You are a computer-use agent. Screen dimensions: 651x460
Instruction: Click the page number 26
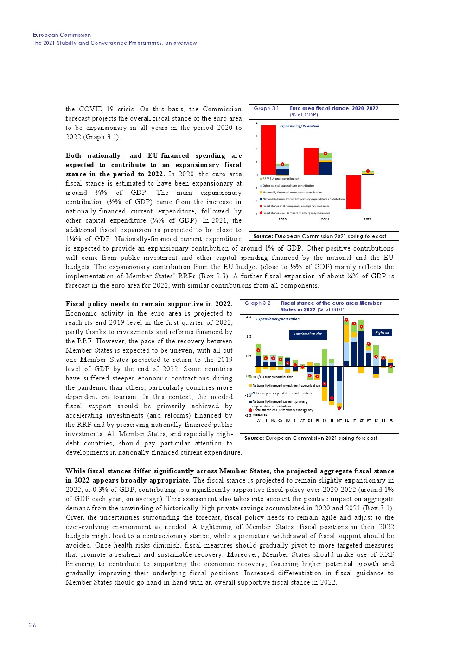[32, 625]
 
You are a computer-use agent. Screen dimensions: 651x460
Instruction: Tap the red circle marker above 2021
[326, 153]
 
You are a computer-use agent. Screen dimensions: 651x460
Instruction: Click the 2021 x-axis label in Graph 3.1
[325, 219]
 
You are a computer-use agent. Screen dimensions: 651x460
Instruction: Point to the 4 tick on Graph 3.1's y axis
[256, 123]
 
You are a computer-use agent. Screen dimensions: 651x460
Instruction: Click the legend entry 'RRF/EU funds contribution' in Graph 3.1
[280, 179]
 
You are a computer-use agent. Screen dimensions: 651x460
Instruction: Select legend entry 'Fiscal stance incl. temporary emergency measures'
[295, 206]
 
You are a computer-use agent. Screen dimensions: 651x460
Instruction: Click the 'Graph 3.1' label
[266, 108]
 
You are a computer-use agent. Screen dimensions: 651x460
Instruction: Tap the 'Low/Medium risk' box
[308, 334]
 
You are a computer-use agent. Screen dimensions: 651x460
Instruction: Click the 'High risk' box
[382, 332]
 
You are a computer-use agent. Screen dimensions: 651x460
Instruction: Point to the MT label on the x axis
[339, 421]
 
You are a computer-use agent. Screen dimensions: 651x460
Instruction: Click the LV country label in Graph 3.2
[258, 421]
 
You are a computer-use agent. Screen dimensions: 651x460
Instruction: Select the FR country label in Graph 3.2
[391, 421]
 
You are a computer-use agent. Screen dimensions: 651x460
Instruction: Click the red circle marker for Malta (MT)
[339, 408]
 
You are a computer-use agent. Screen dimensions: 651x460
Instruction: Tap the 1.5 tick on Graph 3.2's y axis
[249, 337]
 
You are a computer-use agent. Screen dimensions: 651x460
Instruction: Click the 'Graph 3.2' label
[257, 303]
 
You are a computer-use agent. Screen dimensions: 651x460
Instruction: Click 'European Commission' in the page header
[62, 35]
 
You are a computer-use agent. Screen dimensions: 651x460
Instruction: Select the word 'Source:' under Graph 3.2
[254, 438]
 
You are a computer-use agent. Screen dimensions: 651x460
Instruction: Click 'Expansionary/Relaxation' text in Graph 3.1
[299, 126]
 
